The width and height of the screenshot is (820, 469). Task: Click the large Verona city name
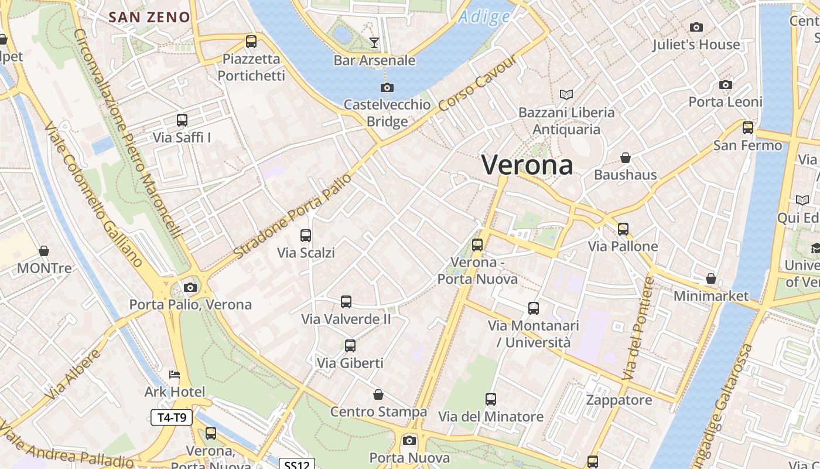527,165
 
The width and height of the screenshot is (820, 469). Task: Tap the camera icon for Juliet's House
696,27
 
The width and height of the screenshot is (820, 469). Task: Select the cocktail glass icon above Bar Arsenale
374,42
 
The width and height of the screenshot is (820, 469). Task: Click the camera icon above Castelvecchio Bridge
387,87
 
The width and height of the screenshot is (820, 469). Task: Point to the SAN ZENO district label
150,17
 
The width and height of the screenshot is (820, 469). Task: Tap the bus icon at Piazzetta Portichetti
251,41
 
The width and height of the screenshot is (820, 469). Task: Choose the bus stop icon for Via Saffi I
182,120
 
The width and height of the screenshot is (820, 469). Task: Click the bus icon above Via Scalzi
306,236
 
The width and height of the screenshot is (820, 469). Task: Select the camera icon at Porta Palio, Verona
190,287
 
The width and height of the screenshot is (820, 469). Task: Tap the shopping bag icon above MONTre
44,251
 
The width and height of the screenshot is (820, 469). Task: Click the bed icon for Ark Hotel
175,375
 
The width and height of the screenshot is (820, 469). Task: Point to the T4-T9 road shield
172,417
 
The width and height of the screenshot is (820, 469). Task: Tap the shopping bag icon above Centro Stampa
378,394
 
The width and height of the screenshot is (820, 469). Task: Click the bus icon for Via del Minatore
491,399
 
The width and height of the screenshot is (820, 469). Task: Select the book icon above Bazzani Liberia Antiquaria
566,94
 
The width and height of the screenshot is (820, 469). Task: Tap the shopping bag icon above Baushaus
626,158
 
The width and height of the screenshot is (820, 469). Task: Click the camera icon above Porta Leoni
726,84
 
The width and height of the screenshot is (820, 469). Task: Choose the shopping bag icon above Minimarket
711,278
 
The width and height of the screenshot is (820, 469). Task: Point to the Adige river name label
484,17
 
